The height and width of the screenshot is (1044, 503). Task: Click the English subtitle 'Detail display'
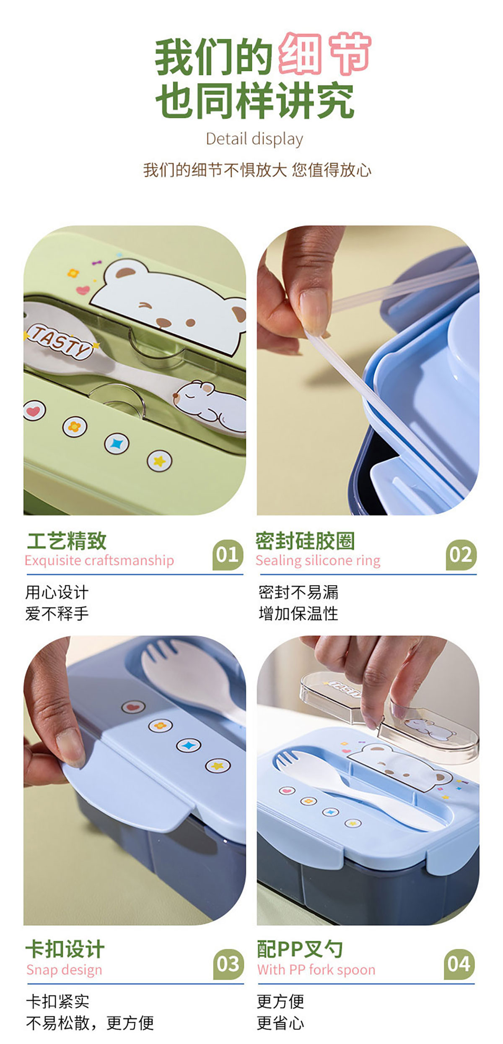pyautogui.click(x=254, y=139)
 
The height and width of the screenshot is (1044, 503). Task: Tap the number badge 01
pyautogui.click(x=228, y=555)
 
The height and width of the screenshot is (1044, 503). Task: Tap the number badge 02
pyautogui.click(x=461, y=555)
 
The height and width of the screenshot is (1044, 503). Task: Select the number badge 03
pyautogui.click(x=228, y=964)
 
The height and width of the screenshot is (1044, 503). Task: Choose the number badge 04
pyautogui.click(x=459, y=964)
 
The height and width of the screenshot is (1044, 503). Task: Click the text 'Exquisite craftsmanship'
pyautogui.click(x=99, y=561)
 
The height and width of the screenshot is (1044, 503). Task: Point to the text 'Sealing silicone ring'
pyautogui.click(x=318, y=561)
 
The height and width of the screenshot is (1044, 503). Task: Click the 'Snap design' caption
pyautogui.click(x=64, y=970)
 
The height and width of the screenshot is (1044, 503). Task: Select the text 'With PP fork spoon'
pyautogui.click(x=316, y=970)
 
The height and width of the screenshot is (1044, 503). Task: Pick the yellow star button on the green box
pyautogui.click(x=160, y=461)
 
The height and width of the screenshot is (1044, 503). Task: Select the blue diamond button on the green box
pyautogui.click(x=117, y=444)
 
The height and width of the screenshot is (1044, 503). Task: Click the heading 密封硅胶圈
pyautogui.click(x=305, y=541)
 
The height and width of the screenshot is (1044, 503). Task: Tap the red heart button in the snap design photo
pyautogui.click(x=133, y=707)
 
